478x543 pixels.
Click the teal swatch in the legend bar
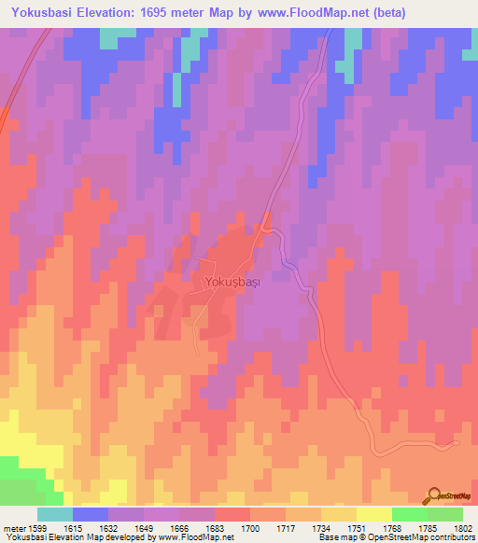55,514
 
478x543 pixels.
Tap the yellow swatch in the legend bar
373,514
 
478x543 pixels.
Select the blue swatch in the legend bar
91,514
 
